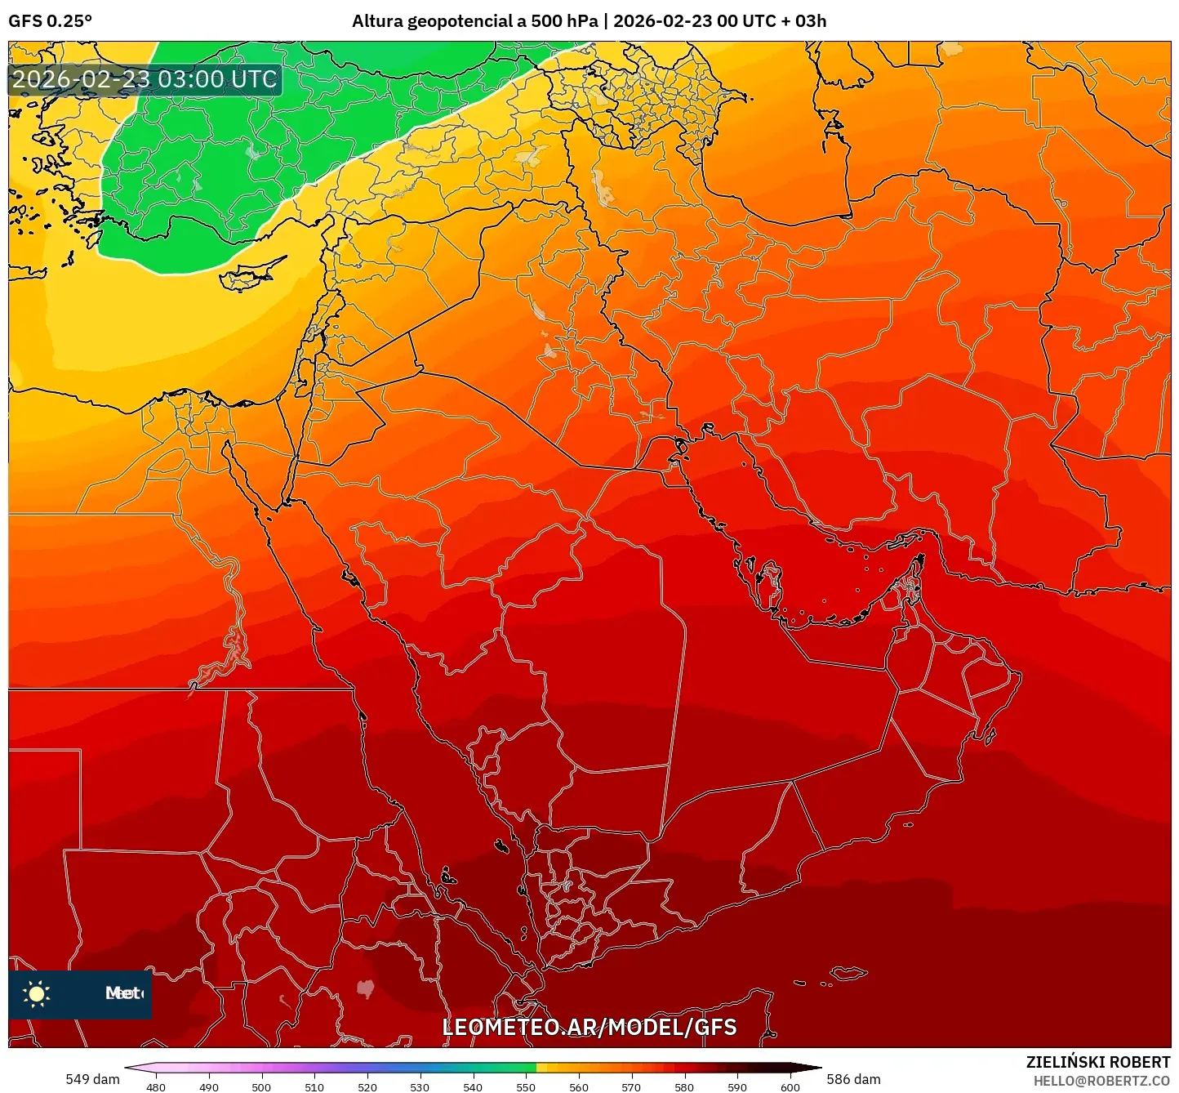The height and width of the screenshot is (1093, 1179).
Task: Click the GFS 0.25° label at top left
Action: (50, 21)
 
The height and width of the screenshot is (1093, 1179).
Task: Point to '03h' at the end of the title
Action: (810, 21)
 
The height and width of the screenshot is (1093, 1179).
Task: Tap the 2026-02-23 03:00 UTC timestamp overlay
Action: (145, 79)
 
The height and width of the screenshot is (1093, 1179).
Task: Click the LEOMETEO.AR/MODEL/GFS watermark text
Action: (589, 1028)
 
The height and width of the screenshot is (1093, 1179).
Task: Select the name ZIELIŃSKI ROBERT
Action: (1097, 1062)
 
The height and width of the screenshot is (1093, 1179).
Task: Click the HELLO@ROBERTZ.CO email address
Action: (1101, 1081)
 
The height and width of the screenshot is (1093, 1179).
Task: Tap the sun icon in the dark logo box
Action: (37, 993)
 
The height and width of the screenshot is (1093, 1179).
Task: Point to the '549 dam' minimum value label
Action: (92, 1079)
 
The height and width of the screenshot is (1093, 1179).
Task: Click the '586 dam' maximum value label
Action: (853, 1079)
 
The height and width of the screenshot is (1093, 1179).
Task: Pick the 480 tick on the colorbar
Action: (155, 1087)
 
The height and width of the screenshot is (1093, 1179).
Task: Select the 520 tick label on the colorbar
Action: (367, 1087)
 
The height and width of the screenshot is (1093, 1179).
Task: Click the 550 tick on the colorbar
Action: (526, 1087)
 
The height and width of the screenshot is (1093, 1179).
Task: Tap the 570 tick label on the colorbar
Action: (631, 1087)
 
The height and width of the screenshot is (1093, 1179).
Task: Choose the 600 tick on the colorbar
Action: (790, 1087)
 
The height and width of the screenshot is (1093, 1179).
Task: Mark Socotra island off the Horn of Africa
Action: (849, 973)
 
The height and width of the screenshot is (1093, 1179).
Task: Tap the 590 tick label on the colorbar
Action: (737, 1087)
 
